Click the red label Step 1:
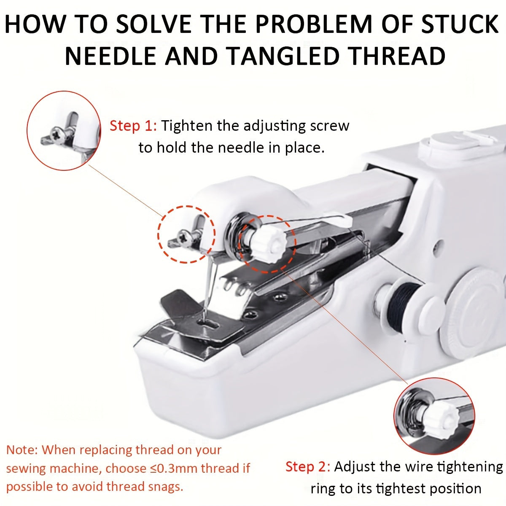133,126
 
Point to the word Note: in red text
22,449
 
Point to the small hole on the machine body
439,244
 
